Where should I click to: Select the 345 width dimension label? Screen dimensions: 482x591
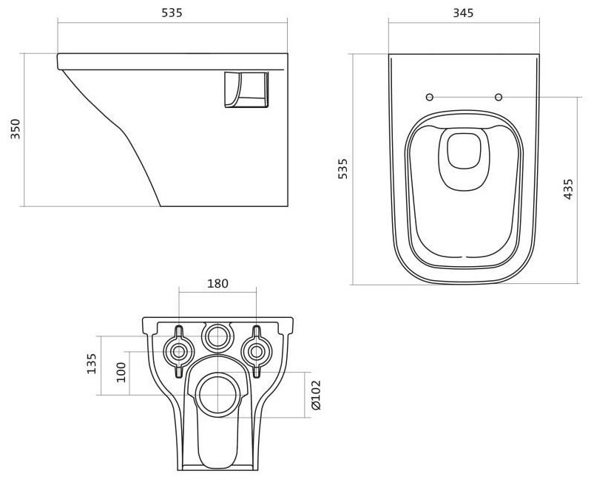[462, 13]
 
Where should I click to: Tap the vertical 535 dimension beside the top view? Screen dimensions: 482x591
[342, 169]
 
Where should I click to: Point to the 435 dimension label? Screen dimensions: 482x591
[568, 189]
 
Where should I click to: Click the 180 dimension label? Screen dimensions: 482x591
[217, 283]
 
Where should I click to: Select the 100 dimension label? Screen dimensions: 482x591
[122, 371]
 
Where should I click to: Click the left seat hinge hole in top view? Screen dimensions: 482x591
[429, 98]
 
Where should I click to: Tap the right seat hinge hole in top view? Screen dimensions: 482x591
[498, 98]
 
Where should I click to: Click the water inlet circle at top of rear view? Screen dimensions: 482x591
[217, 337]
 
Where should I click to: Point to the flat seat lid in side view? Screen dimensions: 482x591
[170, 58]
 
